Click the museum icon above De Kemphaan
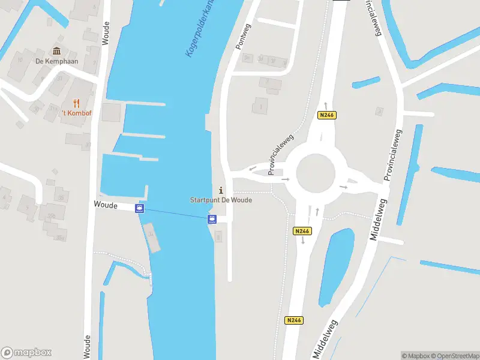tap(57, 51)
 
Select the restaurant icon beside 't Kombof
tap(77, 103)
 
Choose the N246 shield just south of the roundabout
tap(302, 231)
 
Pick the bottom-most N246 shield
tap(294, 320)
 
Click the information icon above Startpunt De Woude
tap(221, 190)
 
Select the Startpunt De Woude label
tap(221, 200)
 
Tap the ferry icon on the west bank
tap(140, 209)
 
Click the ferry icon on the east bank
tap(212, 220)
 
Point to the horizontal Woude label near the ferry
tap(105, 205)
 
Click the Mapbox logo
tap(26, 353)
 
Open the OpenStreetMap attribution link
tap(454, 356)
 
